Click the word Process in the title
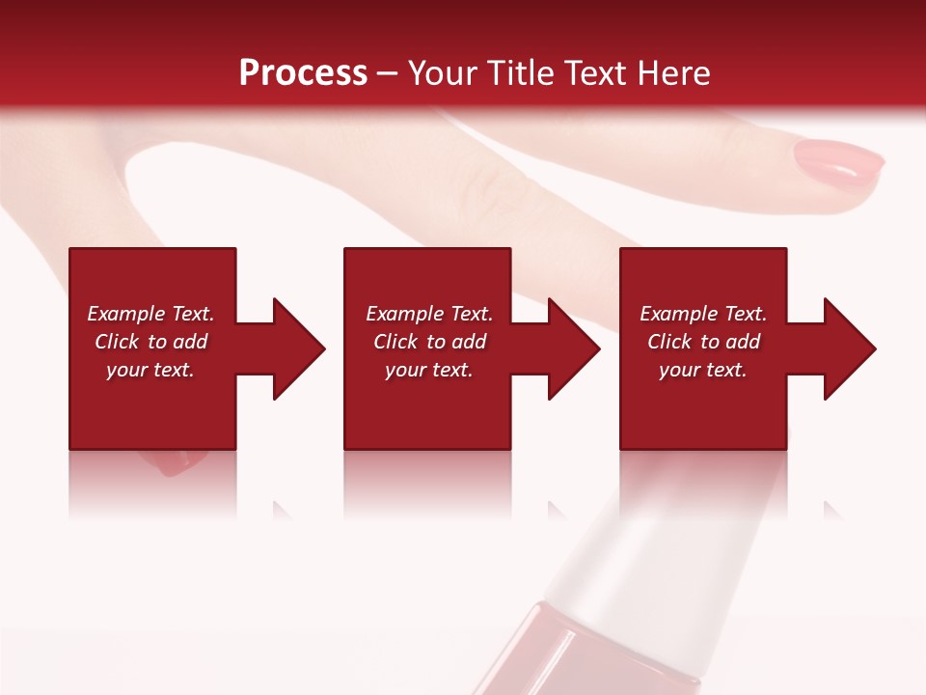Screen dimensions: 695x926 [x=303, y=73]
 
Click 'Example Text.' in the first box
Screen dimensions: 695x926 [x=150, y=314]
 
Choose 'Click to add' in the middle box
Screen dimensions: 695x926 [x=429, y=342]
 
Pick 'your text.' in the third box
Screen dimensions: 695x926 [x=702, y=370]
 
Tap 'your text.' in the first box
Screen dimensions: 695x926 [x=150, y=370]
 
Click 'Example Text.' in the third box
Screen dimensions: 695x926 [x=702, y=314]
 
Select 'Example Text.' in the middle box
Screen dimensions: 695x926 [x=429, y=314]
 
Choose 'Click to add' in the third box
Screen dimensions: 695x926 [x=703, y=342]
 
